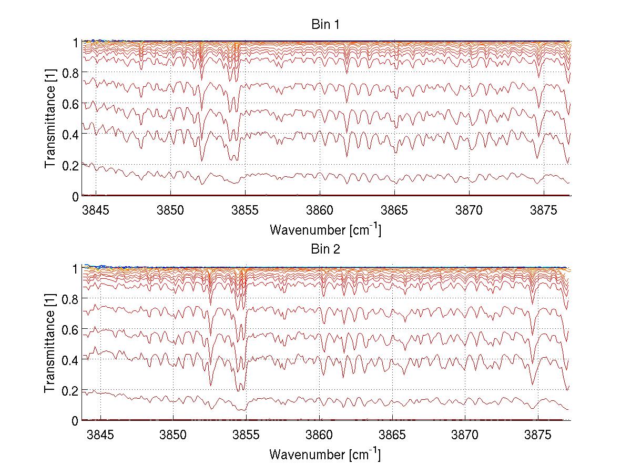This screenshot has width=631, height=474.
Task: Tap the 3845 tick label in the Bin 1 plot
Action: point(96,211)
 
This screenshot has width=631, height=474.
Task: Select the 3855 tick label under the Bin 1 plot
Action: point(245,211)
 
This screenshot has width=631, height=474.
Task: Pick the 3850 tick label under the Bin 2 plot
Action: point(173,435)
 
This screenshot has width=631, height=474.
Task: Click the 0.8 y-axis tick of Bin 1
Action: point(70,73)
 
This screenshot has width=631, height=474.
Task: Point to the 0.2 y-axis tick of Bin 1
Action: point(70,166)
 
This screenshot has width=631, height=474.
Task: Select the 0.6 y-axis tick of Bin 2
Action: point(70,329)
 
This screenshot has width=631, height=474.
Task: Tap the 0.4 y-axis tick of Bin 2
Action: point(70,360)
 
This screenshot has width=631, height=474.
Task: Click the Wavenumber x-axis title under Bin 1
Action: point(325,230)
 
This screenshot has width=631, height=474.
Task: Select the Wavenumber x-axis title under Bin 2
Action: point(325,454)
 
